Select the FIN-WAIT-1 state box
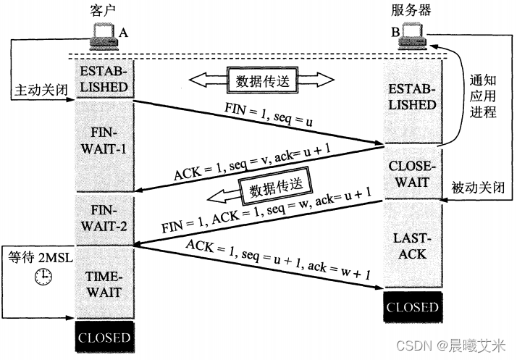105,143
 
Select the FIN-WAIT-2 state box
105,217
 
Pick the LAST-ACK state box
412,246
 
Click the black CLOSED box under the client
105,338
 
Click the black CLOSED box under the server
412,307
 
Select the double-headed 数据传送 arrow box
262,79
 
